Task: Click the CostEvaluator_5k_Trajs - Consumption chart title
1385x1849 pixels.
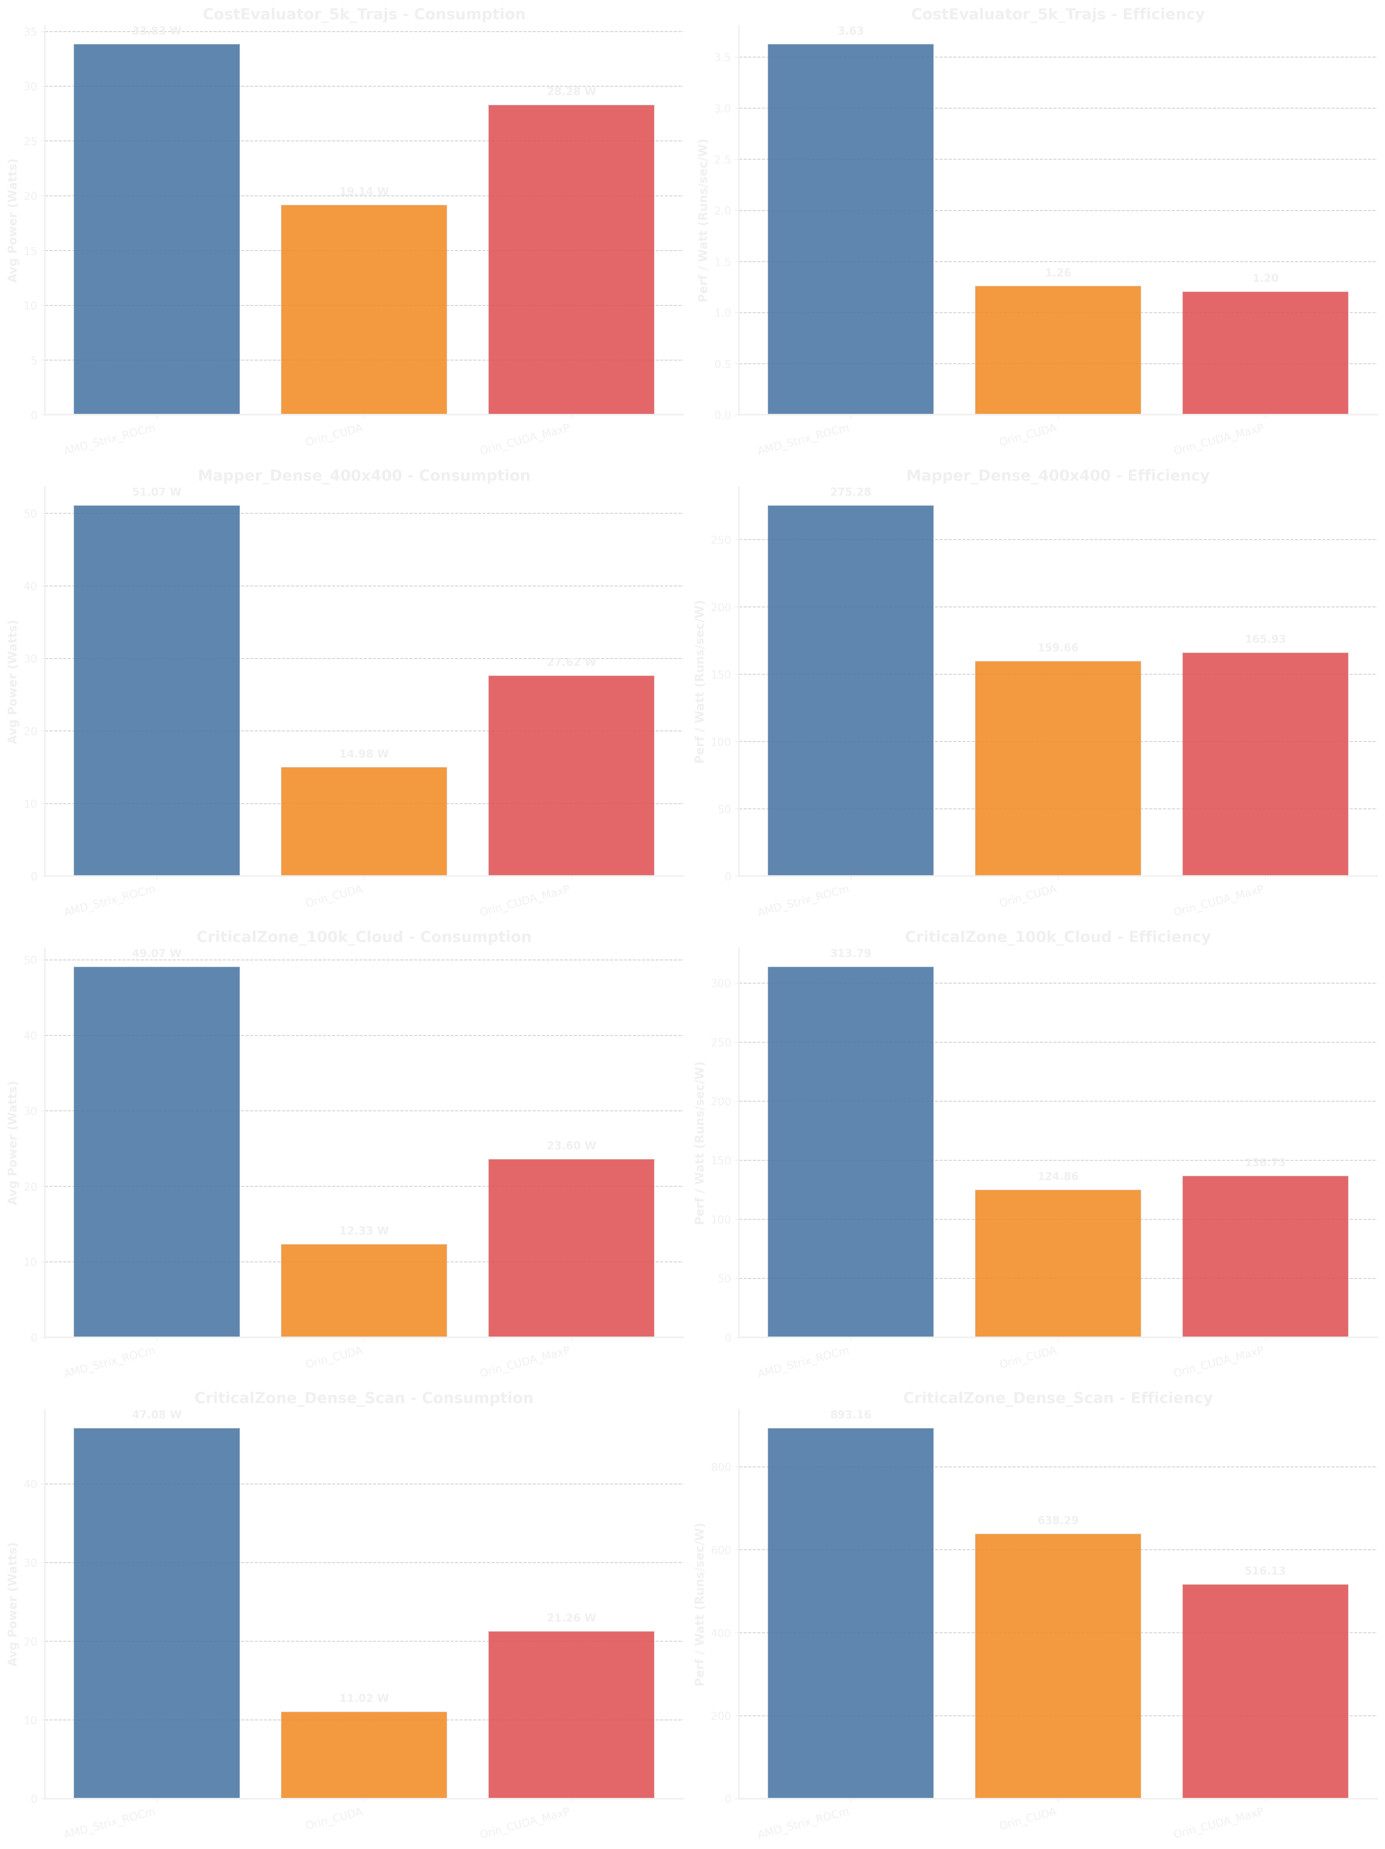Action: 364,14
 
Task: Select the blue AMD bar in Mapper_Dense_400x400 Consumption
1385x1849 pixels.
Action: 156,690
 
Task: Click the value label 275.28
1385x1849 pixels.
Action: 850,492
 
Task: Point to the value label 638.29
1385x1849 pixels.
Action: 1057,1520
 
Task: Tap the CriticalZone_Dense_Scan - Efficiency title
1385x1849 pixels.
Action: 1057,1398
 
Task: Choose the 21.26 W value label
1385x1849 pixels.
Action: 571,1617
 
